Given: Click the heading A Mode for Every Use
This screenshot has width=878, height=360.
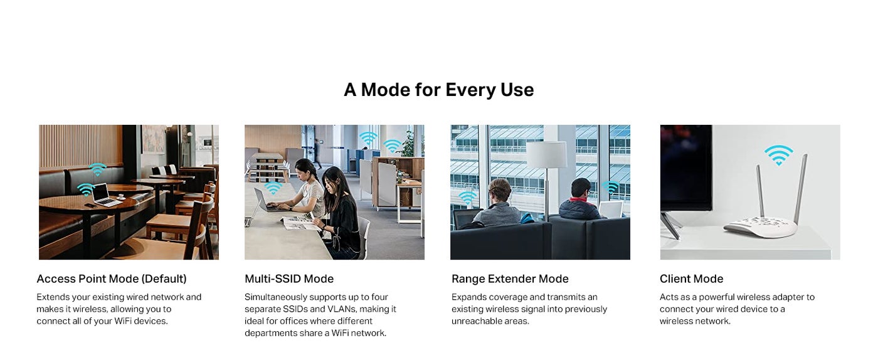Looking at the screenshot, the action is [x=438, y=90].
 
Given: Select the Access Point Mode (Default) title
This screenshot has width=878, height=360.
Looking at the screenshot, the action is [x=112, y=279].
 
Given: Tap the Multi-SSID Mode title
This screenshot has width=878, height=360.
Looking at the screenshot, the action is [x=289, y=279].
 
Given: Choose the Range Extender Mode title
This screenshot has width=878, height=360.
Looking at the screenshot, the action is [x=510, y=279].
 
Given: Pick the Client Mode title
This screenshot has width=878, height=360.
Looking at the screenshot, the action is [x=691, y=279].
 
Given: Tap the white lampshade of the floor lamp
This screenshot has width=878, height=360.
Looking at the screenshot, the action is [x=547, y=154].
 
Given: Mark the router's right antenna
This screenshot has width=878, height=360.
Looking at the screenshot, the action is [x=800, y=189].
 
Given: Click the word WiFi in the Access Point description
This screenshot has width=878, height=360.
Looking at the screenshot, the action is [x=123, y=321].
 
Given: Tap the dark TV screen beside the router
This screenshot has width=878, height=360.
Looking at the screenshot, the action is [x=685, y=167].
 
